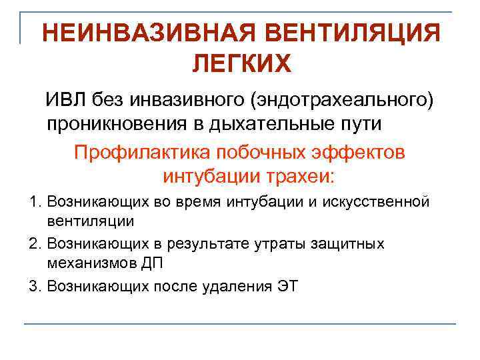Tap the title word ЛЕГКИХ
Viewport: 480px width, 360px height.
pos(242,64)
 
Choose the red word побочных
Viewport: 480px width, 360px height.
pos(251,152)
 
